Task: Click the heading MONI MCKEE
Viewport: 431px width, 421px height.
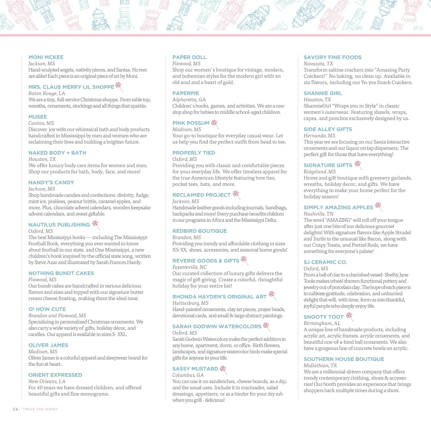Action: [46, 57]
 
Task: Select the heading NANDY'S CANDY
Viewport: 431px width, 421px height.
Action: [51, 182]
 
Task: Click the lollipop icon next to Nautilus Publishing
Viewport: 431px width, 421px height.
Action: [95, 224]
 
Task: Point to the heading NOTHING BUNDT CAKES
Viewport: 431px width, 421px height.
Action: [61, 273]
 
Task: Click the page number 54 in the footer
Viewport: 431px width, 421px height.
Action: [15, 409]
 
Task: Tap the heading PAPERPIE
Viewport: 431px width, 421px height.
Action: [186, 93]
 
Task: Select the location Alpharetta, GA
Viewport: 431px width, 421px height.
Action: [189, 100]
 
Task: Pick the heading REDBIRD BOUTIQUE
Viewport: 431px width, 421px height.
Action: [199, 231]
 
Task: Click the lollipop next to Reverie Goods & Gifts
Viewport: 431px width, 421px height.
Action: [244, 260]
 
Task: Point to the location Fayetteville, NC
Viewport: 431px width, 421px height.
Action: [190, 267]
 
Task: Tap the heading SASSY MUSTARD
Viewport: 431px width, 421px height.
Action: [195, 369]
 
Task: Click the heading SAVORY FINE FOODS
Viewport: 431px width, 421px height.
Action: [332, 57]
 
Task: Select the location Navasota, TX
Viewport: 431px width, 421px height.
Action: [318, 64]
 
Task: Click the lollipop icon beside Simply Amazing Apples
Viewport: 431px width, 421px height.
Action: [378, 206]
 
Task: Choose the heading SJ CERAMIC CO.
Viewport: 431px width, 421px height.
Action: [325, 262]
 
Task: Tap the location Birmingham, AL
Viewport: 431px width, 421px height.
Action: [322, 323]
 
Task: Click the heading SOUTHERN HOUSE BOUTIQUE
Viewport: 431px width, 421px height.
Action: [344, 359]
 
